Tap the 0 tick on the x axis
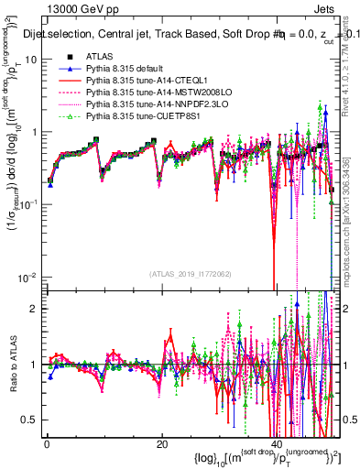click(46, 443)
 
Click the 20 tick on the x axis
click(161, 443)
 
